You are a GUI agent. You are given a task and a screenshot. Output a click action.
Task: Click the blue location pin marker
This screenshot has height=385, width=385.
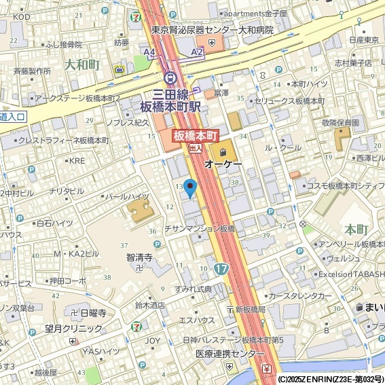coord(190,187)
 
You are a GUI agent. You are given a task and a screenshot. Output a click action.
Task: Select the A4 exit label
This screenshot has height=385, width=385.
coord(149,52)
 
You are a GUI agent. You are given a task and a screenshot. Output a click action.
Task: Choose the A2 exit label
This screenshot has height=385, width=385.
coord(197,52)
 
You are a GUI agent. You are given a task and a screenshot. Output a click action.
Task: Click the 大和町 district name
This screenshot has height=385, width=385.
coord(82,65)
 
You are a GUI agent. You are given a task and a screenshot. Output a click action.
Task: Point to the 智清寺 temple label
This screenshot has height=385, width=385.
coord(140,258)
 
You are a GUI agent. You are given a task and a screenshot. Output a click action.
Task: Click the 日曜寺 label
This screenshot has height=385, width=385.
coord(93,313)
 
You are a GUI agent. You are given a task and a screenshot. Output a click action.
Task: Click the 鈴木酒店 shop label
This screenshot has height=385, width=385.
coord(150,306)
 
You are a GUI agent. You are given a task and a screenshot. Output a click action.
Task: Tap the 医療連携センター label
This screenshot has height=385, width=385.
coord(230,354)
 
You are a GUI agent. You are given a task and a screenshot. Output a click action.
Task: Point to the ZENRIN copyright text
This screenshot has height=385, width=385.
coord(331,379)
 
